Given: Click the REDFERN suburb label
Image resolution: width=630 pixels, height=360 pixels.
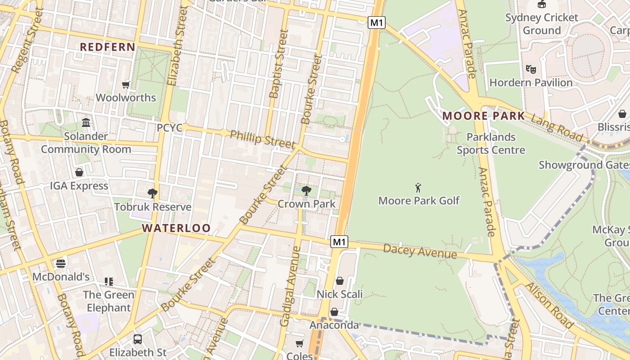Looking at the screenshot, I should pyautogui.click(x=108, y=47).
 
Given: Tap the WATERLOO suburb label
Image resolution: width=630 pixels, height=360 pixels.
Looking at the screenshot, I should pyautogui.click(x=176, y=228).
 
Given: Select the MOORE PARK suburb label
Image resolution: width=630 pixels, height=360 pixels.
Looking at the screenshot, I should pyautogui.click(x=483, y=116).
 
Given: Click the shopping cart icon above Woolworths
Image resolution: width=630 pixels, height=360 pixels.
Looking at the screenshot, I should pyautogui.click(x=126, y=85).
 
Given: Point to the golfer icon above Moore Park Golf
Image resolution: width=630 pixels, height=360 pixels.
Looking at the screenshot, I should pyautogui.click(x=418, y=187).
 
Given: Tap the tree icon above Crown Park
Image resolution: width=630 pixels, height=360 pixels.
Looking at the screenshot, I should pyautogui.click(x=306, y=190).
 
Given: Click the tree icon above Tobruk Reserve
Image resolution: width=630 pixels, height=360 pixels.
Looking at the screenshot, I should pyautogui.click(x=153, y=193).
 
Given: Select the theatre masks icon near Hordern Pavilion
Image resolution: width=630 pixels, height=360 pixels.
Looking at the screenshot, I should pyautogui.click(x=531, y=69).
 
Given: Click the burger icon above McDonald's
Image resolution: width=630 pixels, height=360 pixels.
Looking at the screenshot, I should pyautogui.click(x=61, y=263).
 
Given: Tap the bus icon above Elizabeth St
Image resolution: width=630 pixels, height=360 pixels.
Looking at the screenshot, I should pyautogui.click(x=138, y=339).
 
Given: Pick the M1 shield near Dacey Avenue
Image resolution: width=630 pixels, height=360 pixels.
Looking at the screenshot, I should pyautogui.click(x=339, y=242).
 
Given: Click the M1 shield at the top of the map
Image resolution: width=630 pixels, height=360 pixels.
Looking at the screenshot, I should pyautogui.click(x=377, y=22).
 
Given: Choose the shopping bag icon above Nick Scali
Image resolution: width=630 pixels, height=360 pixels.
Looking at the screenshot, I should pyautogui.click(x=340, y=281).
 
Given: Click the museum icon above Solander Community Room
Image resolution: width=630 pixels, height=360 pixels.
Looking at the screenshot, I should pyautogui.click(x=86, y=122).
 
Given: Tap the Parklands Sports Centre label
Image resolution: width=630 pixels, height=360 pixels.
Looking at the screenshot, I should pyautogui.click(x=490, y=144).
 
